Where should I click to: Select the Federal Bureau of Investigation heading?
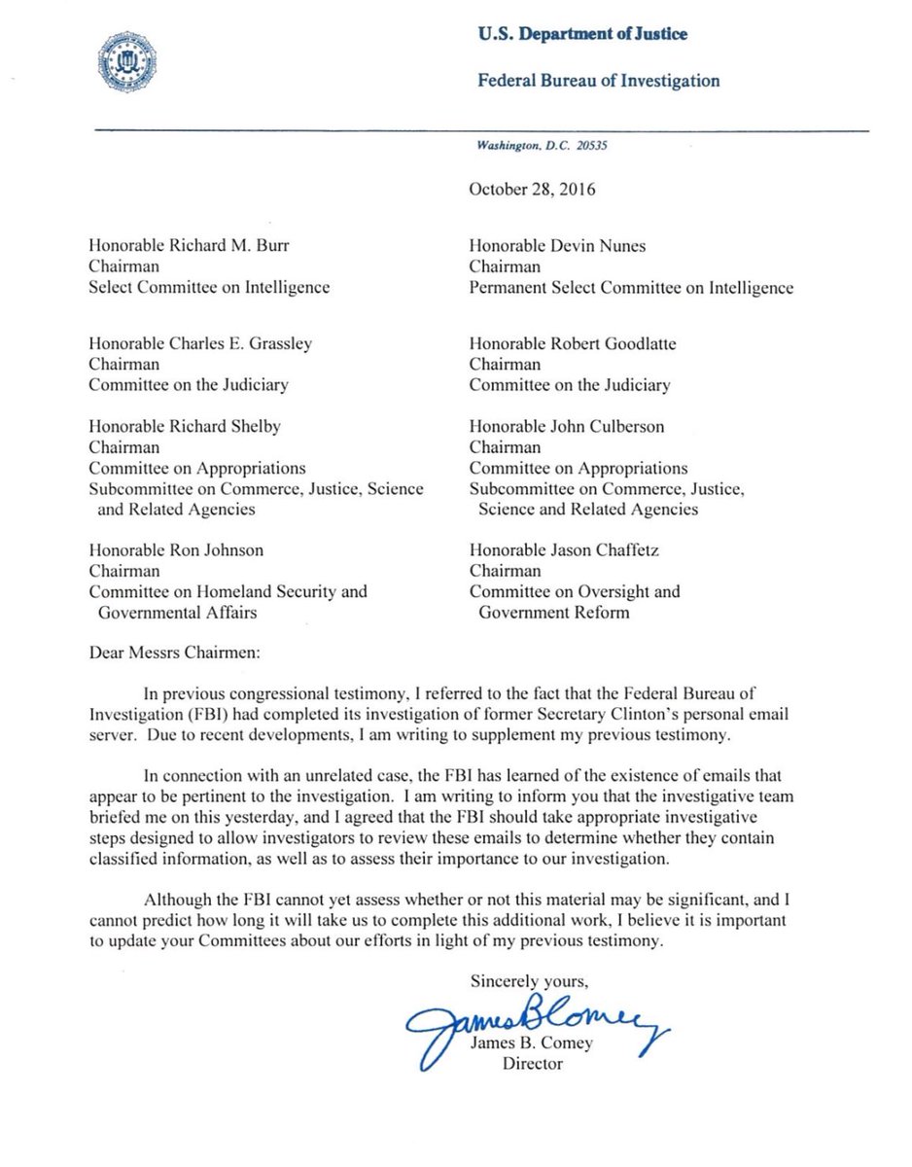pos(598,80)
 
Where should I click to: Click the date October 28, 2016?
pos(532,189)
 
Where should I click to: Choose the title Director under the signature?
pos(532,1063)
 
